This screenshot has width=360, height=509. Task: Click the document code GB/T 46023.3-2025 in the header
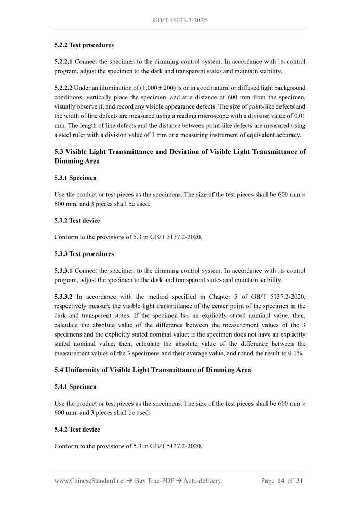point(180,20)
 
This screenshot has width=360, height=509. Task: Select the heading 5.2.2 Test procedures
point(84,45)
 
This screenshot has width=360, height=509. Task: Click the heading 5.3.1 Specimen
point(75,178)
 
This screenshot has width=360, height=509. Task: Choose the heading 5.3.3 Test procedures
point(84,254)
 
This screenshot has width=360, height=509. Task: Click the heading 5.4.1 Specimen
point(75,387)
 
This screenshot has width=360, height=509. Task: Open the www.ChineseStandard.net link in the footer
point(89,481)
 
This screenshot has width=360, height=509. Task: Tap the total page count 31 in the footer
point(299,481)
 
